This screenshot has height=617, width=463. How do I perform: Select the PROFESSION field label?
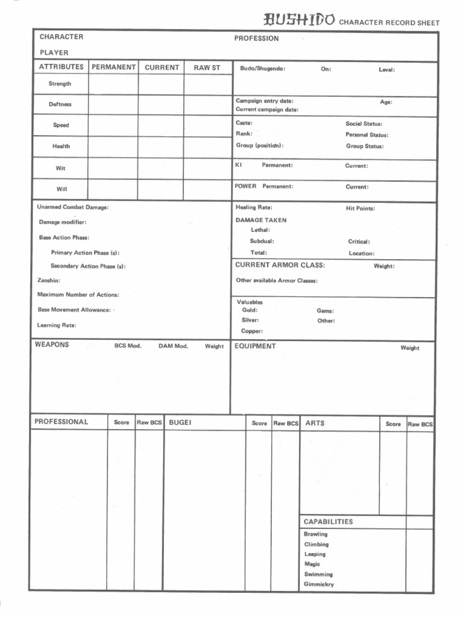click(256, 39)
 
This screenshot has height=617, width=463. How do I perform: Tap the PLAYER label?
click(54, 52)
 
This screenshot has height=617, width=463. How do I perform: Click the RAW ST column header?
click(207, 67)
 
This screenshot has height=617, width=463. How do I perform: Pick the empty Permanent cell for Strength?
click(113, 84)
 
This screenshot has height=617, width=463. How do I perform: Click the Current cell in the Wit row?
click(161, 168)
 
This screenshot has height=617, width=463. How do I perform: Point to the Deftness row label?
click(60, 104)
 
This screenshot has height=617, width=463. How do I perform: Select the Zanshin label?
click(49, 280)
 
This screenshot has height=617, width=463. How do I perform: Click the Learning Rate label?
click(57, 325)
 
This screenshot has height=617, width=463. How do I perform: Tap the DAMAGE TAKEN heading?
click(261, 220)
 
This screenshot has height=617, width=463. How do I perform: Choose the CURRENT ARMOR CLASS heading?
click(280, 265)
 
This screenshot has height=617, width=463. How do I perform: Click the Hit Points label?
click(360, 208)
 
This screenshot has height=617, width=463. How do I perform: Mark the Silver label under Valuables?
click(250, 321)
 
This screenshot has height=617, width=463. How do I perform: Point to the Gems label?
click(325, 311)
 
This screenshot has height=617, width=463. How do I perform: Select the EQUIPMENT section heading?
click(255, 346)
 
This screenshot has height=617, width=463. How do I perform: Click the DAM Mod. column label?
click(173, 346)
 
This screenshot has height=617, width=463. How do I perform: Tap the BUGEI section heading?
click(180, 423)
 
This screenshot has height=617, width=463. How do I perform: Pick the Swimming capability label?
click(318, 574)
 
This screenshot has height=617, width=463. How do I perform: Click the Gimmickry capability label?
click(318, 584)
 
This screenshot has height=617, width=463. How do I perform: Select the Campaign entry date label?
click(265, 101)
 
